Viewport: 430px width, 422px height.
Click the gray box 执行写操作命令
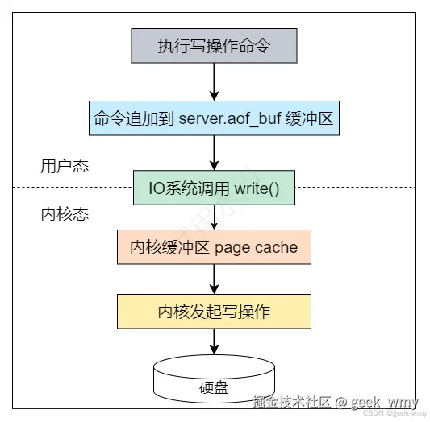tap(214, 46)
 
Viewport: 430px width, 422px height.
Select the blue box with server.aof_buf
tap(214, 118)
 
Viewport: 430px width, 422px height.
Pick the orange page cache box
tap(214, 248)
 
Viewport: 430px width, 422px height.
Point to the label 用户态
tap(64, 167)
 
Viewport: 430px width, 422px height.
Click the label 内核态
tap(64, 215)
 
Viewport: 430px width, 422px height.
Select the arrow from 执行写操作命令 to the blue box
tap(214, 81)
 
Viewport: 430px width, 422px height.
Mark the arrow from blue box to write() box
tap(214, 152)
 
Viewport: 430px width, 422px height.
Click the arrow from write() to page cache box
tap(214, 217)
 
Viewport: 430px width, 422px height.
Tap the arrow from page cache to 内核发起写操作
tap(214, 279)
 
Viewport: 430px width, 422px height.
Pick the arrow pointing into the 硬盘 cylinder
tap(214, 341)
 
